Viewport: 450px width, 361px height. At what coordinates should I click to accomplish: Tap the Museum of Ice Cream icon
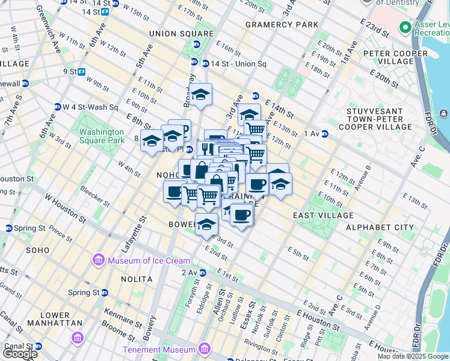(98, 261)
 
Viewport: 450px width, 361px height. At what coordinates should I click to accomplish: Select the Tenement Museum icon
(204, 349)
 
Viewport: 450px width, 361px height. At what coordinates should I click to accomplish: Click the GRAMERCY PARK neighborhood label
(282, 25)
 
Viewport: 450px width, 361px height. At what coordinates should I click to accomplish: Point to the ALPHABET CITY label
(380, 227)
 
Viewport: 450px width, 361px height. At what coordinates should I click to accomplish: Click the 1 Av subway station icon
(325, 134)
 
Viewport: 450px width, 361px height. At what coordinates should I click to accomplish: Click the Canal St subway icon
(39, 346)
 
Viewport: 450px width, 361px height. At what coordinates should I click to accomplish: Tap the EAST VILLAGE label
(323, 215)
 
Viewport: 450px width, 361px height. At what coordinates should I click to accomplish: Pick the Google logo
(19, 354)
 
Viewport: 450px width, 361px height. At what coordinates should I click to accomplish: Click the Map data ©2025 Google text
(413, 356)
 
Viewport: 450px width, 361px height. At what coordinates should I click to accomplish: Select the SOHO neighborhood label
(37, 249)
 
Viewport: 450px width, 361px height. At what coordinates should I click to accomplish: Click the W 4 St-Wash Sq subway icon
(57, 107)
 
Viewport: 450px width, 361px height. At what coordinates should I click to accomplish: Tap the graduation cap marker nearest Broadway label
(201, 95)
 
